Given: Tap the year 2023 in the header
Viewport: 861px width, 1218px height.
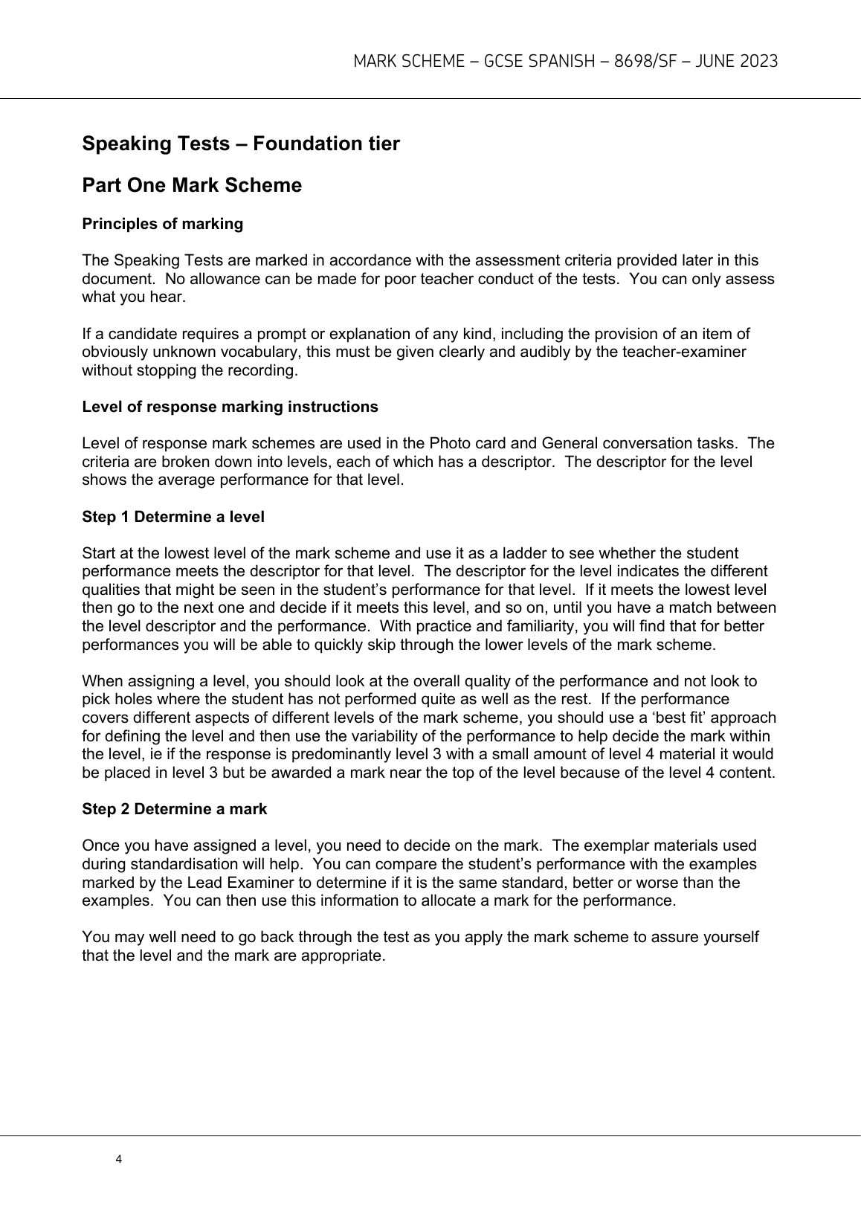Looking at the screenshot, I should coord(759,62).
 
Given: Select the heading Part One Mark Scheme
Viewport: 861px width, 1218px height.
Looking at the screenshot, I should coord(192,185).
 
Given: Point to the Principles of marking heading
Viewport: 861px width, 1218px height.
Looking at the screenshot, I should coord(162,224).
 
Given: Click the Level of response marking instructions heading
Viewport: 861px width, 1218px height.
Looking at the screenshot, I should coord(230,407).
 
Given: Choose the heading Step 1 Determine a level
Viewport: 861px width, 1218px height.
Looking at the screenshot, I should coord(172,516).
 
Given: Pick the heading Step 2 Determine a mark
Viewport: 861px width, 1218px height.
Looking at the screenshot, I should coord(174,808).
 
